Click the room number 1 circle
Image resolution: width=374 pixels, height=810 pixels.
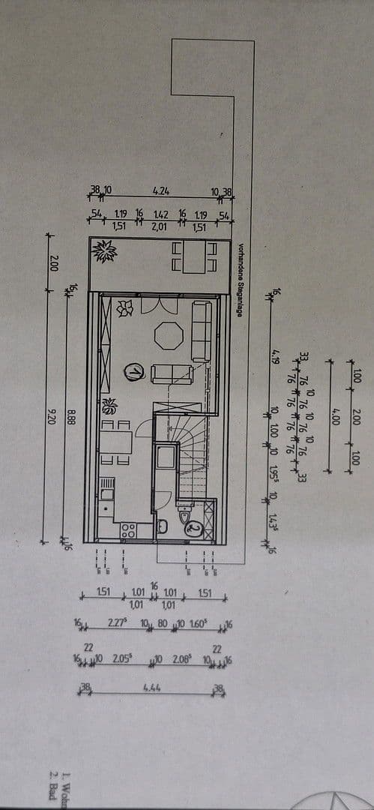click(134, 371)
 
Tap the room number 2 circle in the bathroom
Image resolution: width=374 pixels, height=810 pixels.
click(195, 528)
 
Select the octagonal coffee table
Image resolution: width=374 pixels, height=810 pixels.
click(169, 335)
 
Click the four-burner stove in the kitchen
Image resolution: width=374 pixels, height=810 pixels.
click(127, 530)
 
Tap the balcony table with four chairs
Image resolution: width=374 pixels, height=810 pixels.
click(193, 256)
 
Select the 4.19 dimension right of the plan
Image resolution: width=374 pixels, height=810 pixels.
click(275, 355)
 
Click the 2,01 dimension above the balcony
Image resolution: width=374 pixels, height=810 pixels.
click(160, 225)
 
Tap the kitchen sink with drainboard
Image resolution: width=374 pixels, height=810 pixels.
click(106, 488)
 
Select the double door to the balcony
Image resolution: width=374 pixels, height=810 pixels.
click(160, 304)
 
